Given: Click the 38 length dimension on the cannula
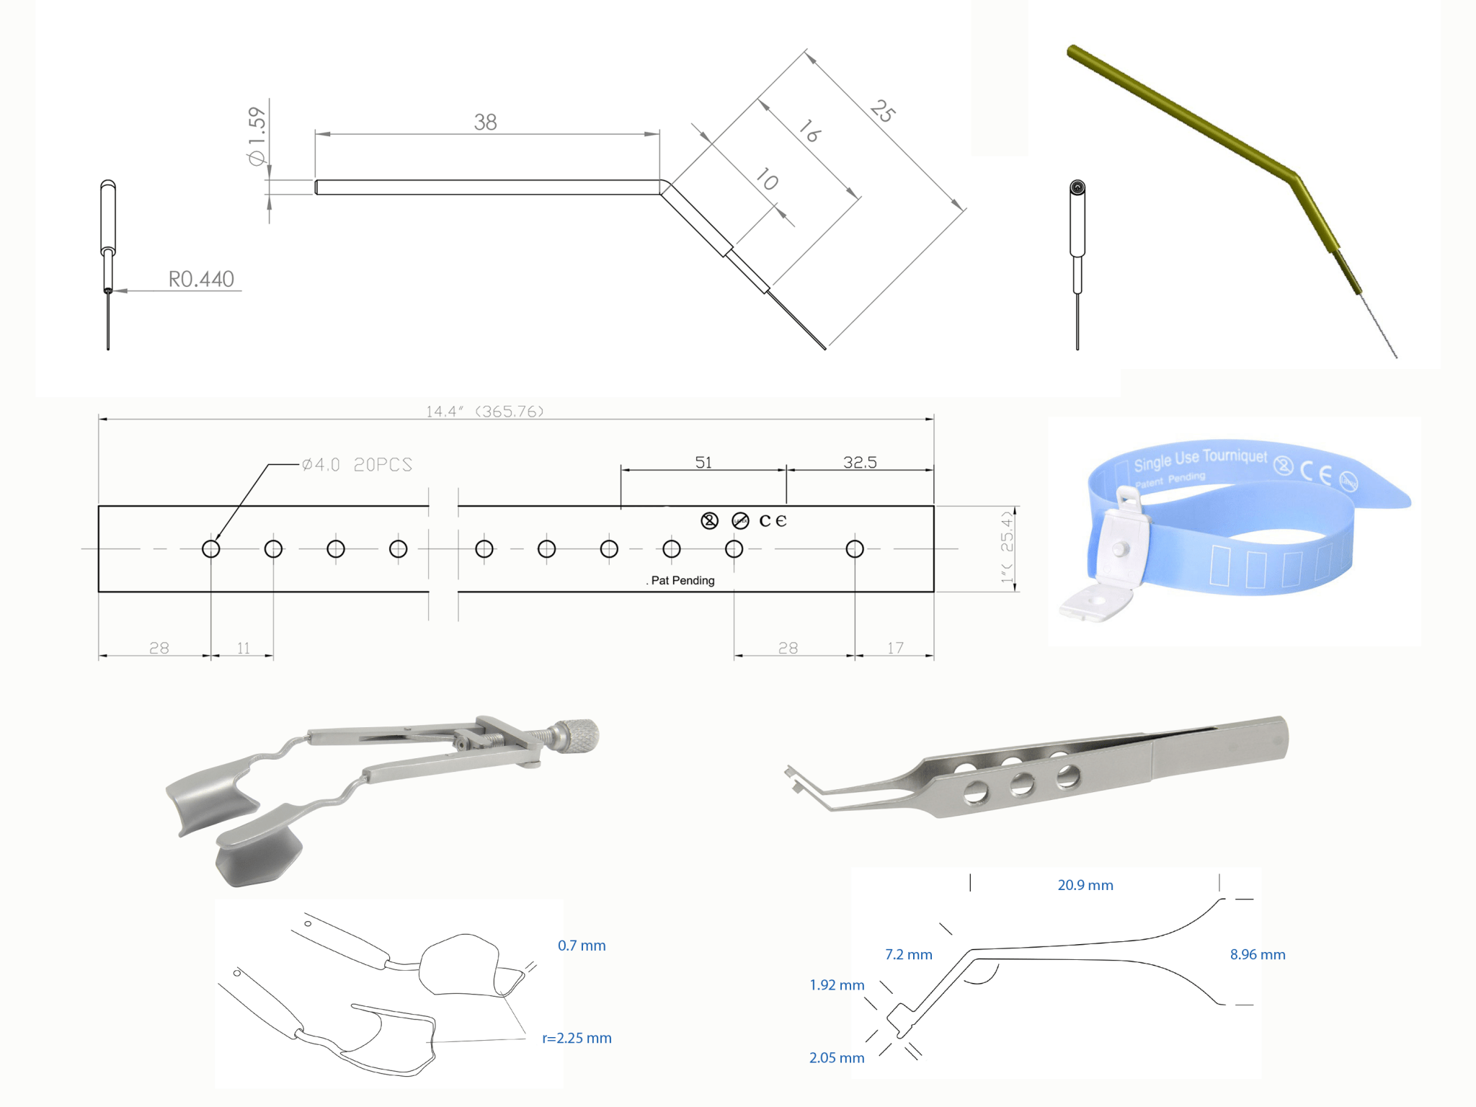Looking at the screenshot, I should pos(485,122).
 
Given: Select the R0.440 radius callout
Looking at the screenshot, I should pos(201,279).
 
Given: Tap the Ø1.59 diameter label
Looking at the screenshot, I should pos(257,135).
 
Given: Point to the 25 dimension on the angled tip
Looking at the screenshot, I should pos(883,111).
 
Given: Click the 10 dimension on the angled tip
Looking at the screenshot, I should pos(767,179).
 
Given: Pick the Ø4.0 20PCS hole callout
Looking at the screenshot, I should pos(357,465).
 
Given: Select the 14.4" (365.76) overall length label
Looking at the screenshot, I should pos(484,412).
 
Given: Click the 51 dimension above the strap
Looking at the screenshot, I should pos(703,462).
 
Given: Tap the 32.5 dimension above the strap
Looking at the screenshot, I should pos(860,462).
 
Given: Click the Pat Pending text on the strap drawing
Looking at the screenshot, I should pos(682,581).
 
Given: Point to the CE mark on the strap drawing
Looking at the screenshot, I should pos(773,520).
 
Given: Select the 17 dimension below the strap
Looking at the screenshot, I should pos(895,648).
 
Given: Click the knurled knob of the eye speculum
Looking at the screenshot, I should pos(580,737).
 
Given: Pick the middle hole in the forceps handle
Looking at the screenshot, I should pos(1022,784).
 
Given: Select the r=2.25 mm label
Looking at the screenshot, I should pos(577,1038).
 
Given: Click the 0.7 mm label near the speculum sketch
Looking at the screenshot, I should pos(582,946).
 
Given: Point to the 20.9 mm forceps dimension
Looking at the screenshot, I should pos(1085,885).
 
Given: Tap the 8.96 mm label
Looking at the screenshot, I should pos(1257,954).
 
